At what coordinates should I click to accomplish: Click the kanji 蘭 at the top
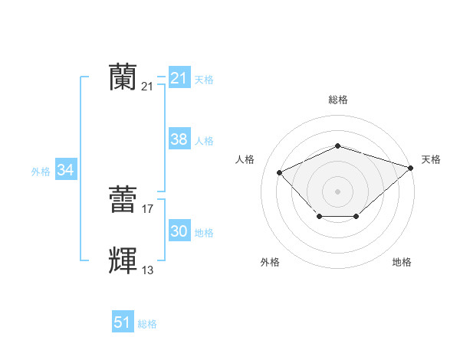point(123,77)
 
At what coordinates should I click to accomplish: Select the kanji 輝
point(123,260)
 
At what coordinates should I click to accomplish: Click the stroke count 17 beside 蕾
point(148,208)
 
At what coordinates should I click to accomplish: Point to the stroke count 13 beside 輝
point(148,270)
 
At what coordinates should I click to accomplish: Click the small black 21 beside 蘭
point(148,87)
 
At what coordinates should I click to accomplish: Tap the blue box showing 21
point(179,78)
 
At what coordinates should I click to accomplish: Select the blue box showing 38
point(179,139)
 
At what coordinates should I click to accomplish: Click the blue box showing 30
point(179,231)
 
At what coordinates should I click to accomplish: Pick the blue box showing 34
point(66,171)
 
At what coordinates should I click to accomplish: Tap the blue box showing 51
point(123,322)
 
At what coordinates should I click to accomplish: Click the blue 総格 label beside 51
point(147,324)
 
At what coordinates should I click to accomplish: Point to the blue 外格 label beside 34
point(41,172)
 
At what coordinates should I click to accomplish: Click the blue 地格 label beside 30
point(204,232)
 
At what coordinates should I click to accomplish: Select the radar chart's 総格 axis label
point(337,100)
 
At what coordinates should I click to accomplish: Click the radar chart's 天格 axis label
point(431,159)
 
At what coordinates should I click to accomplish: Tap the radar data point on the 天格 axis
point(412,168)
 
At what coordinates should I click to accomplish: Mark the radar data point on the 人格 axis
point(280,172)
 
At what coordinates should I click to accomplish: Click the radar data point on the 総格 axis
point(337,146)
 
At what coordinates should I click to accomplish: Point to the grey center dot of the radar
point(337,191)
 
